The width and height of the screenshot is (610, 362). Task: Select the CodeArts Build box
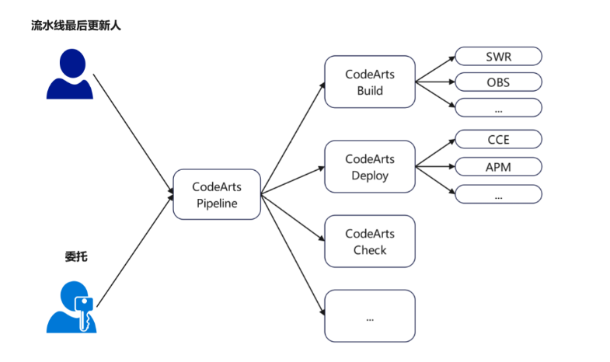[370, 82]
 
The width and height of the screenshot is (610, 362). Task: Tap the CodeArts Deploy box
[370, 167]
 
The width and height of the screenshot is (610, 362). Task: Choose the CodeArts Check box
[370, 242]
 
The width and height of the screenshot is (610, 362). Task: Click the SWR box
[498, 57]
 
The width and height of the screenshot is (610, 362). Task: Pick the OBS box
[498, 82]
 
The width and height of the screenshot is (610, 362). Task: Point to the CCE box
[498, 140]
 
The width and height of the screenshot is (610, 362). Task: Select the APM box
[498, 166]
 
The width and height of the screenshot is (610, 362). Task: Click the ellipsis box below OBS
[498, 107]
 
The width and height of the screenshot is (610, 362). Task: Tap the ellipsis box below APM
[498, 193]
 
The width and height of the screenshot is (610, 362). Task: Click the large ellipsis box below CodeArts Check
[370, 315]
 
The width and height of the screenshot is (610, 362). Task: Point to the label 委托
[75, 257]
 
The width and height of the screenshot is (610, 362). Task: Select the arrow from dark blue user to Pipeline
[132, 132]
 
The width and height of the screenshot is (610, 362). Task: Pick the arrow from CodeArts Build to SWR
[435, 68]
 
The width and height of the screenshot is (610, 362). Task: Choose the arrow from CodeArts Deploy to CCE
[435, 153]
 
